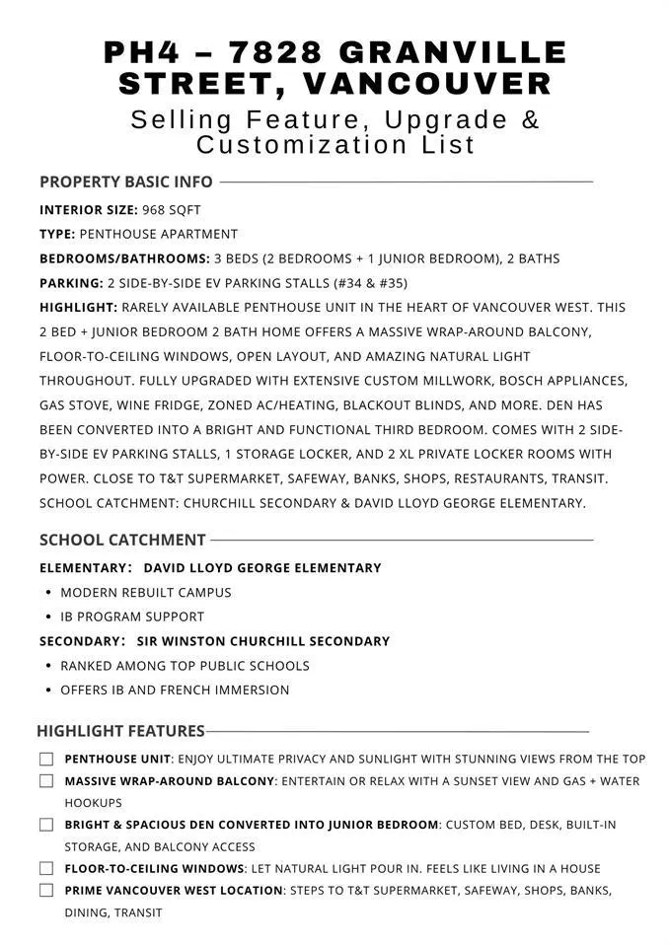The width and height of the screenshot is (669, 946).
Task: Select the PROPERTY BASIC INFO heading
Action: click(x=125, y=182)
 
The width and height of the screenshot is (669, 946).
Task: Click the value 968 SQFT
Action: click(x=172, y=210)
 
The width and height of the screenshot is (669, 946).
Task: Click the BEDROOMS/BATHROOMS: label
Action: click(x=124, y=258)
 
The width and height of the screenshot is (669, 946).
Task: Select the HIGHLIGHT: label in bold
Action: click(x=78, y=308)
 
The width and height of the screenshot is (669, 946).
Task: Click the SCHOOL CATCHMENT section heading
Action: click(x=122, y=540)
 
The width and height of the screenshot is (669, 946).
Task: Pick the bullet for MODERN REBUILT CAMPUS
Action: click(x=49, y=593)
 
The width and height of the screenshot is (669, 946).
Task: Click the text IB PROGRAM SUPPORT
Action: click(x=132, y=617)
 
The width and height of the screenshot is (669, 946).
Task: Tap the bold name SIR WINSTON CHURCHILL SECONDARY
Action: click(x=262, y=641)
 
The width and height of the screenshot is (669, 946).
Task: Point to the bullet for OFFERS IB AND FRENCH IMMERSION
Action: click(x=49, y=691)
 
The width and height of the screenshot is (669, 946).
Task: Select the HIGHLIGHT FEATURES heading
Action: click(x=120, y=731)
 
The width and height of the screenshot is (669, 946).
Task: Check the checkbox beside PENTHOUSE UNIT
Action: click(x=46, y=760)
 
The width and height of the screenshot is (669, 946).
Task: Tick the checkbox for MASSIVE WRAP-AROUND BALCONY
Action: click(x=46, y=781)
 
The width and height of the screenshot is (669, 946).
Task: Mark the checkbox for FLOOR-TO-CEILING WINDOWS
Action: click(x=46, y=869)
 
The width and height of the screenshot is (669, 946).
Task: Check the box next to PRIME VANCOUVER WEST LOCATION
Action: click(x=46, y=891)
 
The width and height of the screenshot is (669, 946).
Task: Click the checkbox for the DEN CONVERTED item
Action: click(x=46, y=825)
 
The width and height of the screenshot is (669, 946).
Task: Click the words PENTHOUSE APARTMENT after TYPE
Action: click(x=159, y=235)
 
